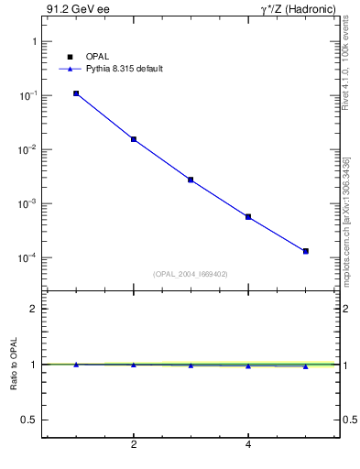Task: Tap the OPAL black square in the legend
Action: pos(70,57)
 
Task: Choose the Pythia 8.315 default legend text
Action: pos(124,69)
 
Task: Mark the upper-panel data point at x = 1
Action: pos(76,93)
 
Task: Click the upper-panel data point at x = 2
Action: pos(134,139)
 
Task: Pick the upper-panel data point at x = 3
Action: pos(191,180)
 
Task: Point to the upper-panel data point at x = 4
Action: pos(248,217)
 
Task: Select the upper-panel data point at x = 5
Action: pos(306,251)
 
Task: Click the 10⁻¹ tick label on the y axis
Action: pos(26,96)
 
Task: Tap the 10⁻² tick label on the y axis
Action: pos(26,150)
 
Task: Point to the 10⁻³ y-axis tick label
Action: pos(26,204)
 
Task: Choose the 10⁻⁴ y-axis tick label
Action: pos(26,258)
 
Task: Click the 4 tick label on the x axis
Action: pos(248,446)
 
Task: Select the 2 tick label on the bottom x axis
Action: pos(134,446)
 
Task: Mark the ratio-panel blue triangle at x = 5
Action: pos(306,366)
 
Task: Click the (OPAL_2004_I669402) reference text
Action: pos(191,273)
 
